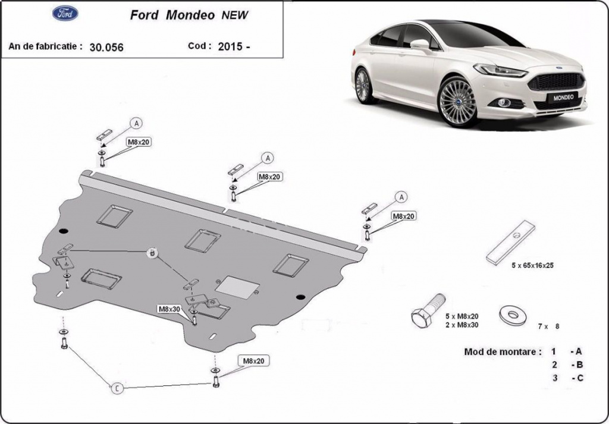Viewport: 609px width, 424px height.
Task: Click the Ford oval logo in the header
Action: tap(65, 13)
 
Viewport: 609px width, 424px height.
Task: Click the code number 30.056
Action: tap(106, 48)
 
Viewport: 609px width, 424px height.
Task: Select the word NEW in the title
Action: tap(234, 15)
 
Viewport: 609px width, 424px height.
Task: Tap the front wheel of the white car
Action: tap(458, 102)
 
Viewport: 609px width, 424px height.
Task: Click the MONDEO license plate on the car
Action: tap(563, 98)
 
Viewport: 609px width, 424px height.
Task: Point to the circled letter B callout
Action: tap(153, 253)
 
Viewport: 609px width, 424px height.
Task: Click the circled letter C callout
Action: tap(117, 388)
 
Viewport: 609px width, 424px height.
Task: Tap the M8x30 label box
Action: tap(169, 309)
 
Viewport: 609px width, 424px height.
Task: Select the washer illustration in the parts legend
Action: tap(513, 315)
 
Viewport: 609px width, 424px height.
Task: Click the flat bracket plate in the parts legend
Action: tap(511, 243)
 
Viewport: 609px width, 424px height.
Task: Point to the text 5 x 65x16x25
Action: tap(532, 266)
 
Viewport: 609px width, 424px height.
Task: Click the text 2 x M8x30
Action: tap(462, 325)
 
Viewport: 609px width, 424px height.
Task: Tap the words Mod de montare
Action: tap(503, 352)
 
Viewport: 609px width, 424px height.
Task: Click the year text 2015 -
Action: tap(234, 46)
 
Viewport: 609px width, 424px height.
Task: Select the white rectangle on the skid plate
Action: tap(237, 287)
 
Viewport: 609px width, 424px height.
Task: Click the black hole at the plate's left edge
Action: tap(64, 231)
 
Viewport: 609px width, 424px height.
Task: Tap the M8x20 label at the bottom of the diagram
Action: tap(253, 361)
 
